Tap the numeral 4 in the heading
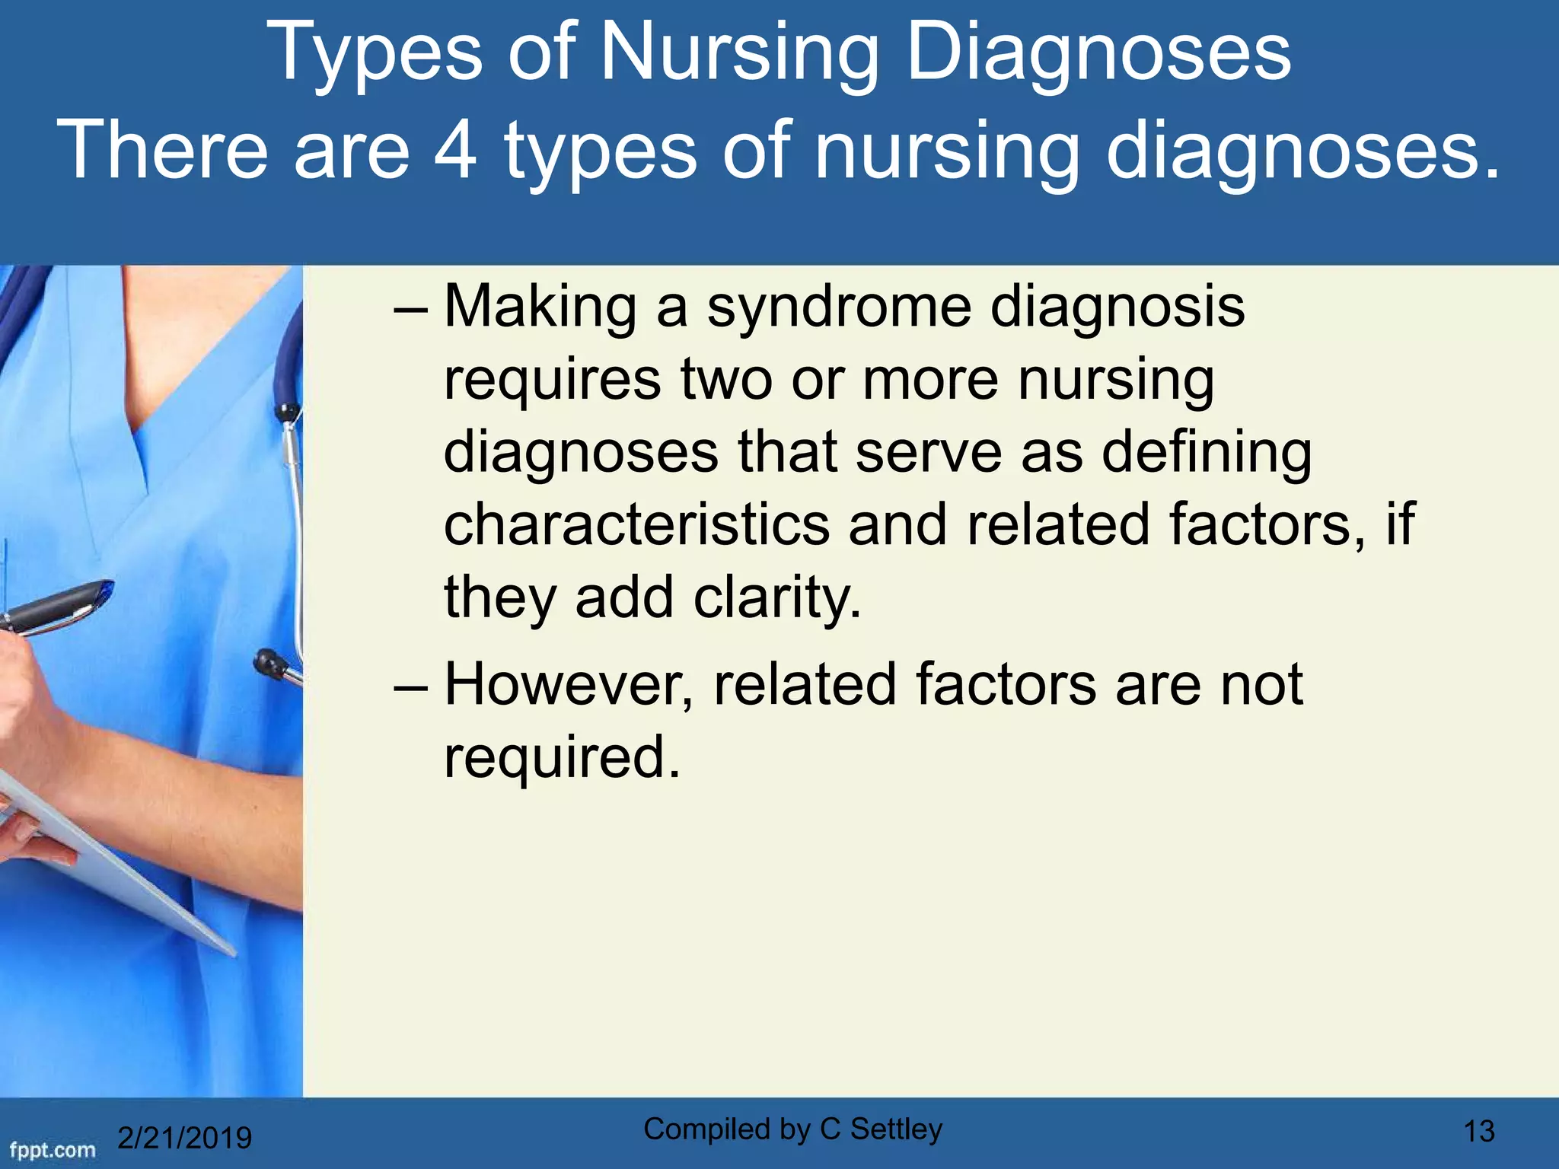[x=455, y=149]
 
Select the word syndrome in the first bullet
[x=838, y=307]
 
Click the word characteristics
[x=636, y=525]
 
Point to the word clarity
[x=777, y=598]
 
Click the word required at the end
[x=562, y=757]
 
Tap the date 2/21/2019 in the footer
[x=185, y=1138]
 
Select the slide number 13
[x=1479, y=1132]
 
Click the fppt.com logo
[x=52, y=1148]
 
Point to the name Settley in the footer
[x=896, y=1129]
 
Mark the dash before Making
[x=411, y=311]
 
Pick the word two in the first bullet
[x=726, y=380]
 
